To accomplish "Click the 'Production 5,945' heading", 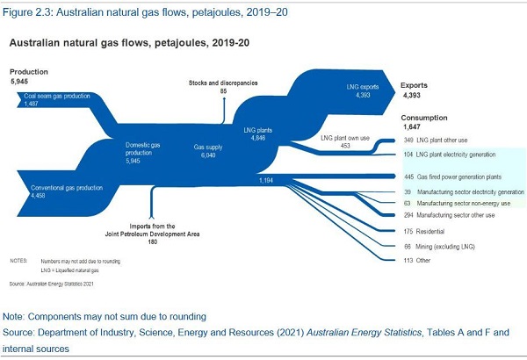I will tap(28, 76).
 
